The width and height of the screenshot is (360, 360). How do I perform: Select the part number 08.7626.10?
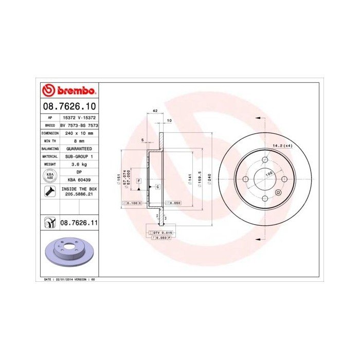click(68, 107)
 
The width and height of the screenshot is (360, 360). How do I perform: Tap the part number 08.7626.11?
click(79, 223)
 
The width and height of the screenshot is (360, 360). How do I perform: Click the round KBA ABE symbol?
click(50, 176)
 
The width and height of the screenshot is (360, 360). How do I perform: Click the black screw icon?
click(50, 192)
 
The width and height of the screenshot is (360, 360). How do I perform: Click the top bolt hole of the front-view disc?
click(264, 159)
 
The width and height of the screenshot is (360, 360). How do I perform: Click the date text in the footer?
click(69, 279)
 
